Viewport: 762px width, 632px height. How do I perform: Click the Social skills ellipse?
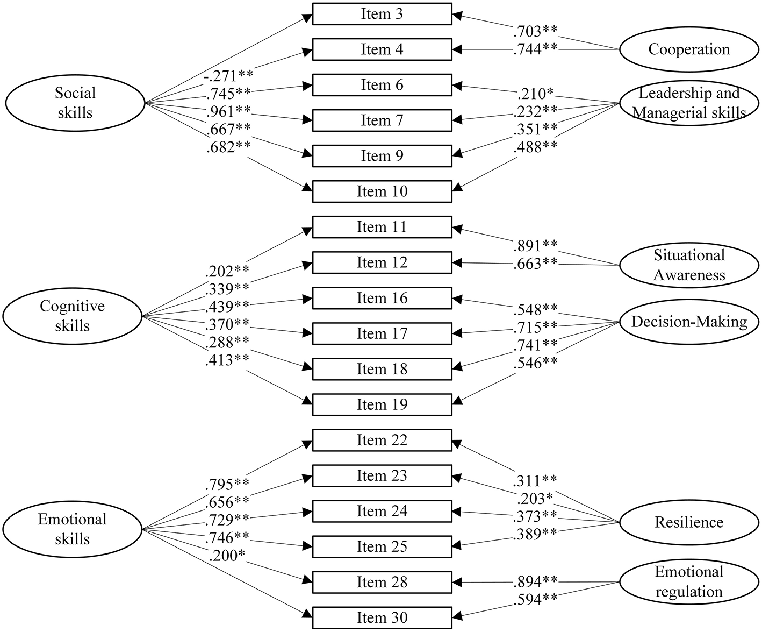coord(75,103)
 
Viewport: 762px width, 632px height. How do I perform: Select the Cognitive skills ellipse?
coord(73,316)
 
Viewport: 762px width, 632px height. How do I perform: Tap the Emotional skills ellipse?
coord(73,529)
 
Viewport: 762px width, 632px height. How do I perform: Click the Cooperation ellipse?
coord(689,49)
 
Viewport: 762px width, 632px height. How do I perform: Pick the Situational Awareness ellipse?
coord(689,265)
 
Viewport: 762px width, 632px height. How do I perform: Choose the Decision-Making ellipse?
coord(689,322)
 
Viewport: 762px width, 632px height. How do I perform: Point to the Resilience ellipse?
coord(689,522)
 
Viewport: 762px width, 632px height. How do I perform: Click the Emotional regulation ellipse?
coord(689,581)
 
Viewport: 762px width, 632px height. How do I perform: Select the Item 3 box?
coord(382,15)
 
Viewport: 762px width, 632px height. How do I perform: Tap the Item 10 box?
coord(382,191)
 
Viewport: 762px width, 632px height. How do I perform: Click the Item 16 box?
coord(382,298)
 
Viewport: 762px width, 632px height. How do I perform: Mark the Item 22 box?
coord(382,440)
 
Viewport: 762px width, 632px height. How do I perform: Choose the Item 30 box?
coord(382,617)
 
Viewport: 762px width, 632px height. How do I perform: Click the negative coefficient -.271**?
coord(228,76)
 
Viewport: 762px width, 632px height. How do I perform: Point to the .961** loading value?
coord(228,112)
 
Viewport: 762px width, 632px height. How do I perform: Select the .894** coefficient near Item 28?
coord(535,581)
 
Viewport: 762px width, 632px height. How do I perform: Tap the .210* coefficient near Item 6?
coord(535,94)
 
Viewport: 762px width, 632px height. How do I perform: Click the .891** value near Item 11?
coord(535,245)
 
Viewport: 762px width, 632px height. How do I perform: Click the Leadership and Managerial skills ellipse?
coord(689,103)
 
